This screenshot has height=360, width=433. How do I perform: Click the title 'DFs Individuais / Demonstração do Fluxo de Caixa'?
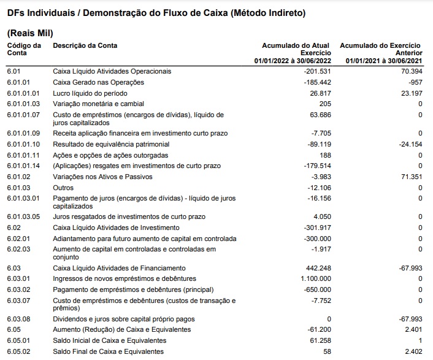(x=156, y=12)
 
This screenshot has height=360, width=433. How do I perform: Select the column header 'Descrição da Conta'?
(x=85, y=45)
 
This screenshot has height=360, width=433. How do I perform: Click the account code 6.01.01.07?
(x=23, y=115)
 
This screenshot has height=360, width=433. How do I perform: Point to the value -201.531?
(x=317, y=71)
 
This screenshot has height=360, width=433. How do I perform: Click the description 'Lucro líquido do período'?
(x=90, y=93)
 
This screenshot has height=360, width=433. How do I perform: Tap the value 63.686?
(x=320, y=115)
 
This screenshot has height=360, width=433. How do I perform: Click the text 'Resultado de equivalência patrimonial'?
(x=111, y=144)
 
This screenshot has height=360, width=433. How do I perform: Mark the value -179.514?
(x=317, y=166)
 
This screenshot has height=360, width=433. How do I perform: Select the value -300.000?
(x=317, y=239)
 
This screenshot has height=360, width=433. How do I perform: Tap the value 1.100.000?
(x=315, y=279)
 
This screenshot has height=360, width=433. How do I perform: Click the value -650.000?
(x=317, y=289)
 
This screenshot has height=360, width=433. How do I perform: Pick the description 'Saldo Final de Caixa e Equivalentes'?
(x=109, y=351)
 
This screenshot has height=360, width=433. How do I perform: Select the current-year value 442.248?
(x=318, y=268)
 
